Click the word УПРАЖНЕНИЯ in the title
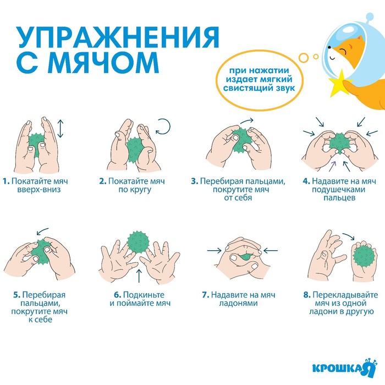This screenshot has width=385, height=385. (x=118, y=37)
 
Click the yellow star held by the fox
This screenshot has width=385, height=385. (x=340, y=83)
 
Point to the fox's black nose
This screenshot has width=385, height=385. (x=329, y=47)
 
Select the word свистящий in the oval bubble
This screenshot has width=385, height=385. (x=246, y=88)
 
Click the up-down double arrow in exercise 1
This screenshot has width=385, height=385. (x=61, y=129)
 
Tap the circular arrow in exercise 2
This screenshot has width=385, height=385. (x=163, y=127)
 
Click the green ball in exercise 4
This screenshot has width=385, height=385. (x=339, y=144)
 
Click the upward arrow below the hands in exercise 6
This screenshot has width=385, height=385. (x=139, y=276)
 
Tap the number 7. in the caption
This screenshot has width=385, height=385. (x=206, y=295)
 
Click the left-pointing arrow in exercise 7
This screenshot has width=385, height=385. (x=271, y=251)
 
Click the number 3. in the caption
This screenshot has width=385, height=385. (x=195, y=181)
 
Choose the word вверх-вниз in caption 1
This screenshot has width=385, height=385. (x=39, y=190)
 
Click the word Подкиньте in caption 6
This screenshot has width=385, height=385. (x=144, y=295)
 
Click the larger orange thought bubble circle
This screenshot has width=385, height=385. (x=304, y=57)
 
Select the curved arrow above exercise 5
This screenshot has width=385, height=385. (x=42, y=231)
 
